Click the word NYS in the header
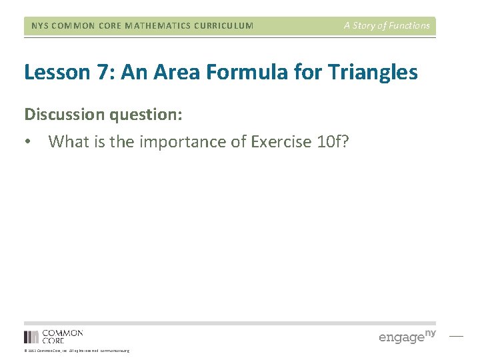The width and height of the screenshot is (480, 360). coord(41,26)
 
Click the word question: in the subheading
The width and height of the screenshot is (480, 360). coord(147,115)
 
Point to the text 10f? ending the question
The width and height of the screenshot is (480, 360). coord(331,141)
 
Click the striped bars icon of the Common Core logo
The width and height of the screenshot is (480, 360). coord(31,337)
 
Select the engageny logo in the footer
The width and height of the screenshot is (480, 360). coord(407,336)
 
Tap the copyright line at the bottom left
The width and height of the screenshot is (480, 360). coord(77,351)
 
